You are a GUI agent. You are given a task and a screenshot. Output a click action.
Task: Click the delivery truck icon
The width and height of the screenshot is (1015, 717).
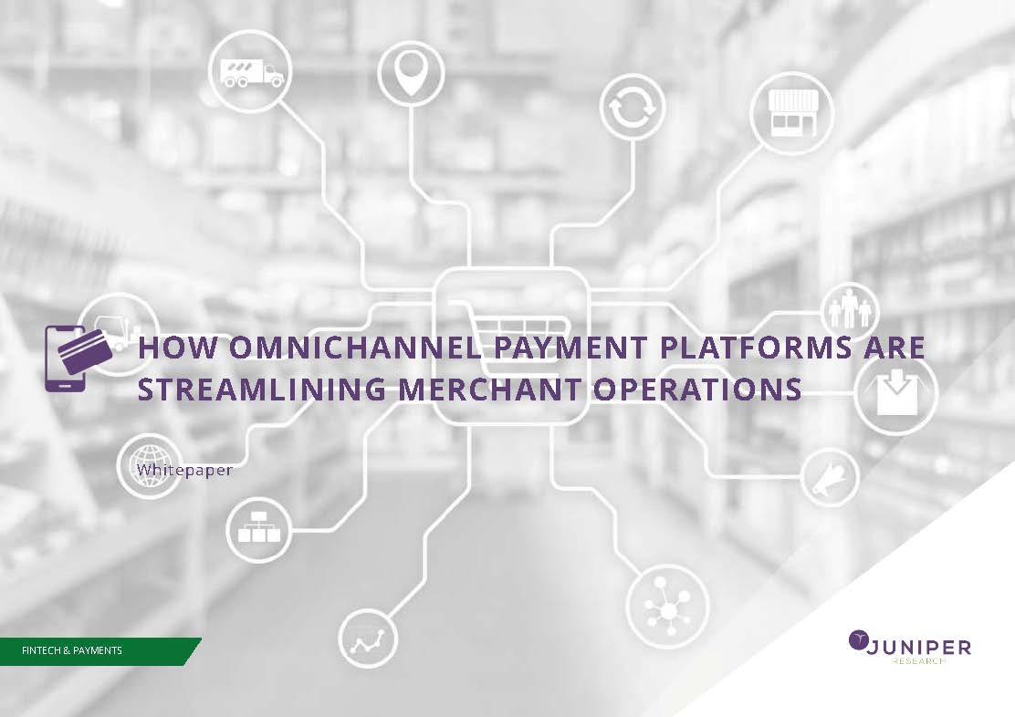coord(251,72)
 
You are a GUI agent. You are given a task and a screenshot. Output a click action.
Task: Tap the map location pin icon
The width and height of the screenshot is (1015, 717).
coord(411,71)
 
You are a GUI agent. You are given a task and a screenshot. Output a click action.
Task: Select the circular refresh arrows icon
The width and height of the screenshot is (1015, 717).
coord(633,107)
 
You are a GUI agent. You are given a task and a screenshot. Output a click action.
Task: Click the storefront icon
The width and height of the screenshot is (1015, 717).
coord(793,113)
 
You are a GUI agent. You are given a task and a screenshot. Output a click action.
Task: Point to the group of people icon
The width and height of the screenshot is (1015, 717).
coord(851,309)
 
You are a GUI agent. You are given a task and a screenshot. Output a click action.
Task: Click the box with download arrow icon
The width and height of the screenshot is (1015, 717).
coord(896,391)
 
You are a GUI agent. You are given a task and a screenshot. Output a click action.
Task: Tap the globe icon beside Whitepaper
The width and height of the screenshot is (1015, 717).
coord(151,465)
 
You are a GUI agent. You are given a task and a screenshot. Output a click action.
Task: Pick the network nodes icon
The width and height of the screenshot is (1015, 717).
coord(667,607)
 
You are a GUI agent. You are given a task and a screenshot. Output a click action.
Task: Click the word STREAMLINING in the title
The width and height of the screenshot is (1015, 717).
coord(262,389)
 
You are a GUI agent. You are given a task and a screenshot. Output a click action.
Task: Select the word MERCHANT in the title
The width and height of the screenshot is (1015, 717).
coord(489,389)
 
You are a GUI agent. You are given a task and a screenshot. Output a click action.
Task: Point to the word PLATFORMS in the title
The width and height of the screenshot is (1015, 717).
coord(756,348)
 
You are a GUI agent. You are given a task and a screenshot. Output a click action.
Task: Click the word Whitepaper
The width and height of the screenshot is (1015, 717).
coord(184,470)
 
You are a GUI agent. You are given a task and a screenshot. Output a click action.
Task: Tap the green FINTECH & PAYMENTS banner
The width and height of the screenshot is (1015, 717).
coord(99,651)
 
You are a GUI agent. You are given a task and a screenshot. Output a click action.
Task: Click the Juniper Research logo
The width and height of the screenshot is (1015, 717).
coord(909,647)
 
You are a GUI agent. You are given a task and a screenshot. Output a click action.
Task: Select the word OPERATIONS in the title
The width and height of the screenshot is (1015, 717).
coord(697,389)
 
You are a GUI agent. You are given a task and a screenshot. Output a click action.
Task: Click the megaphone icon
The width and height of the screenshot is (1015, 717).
coord(829,477)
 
